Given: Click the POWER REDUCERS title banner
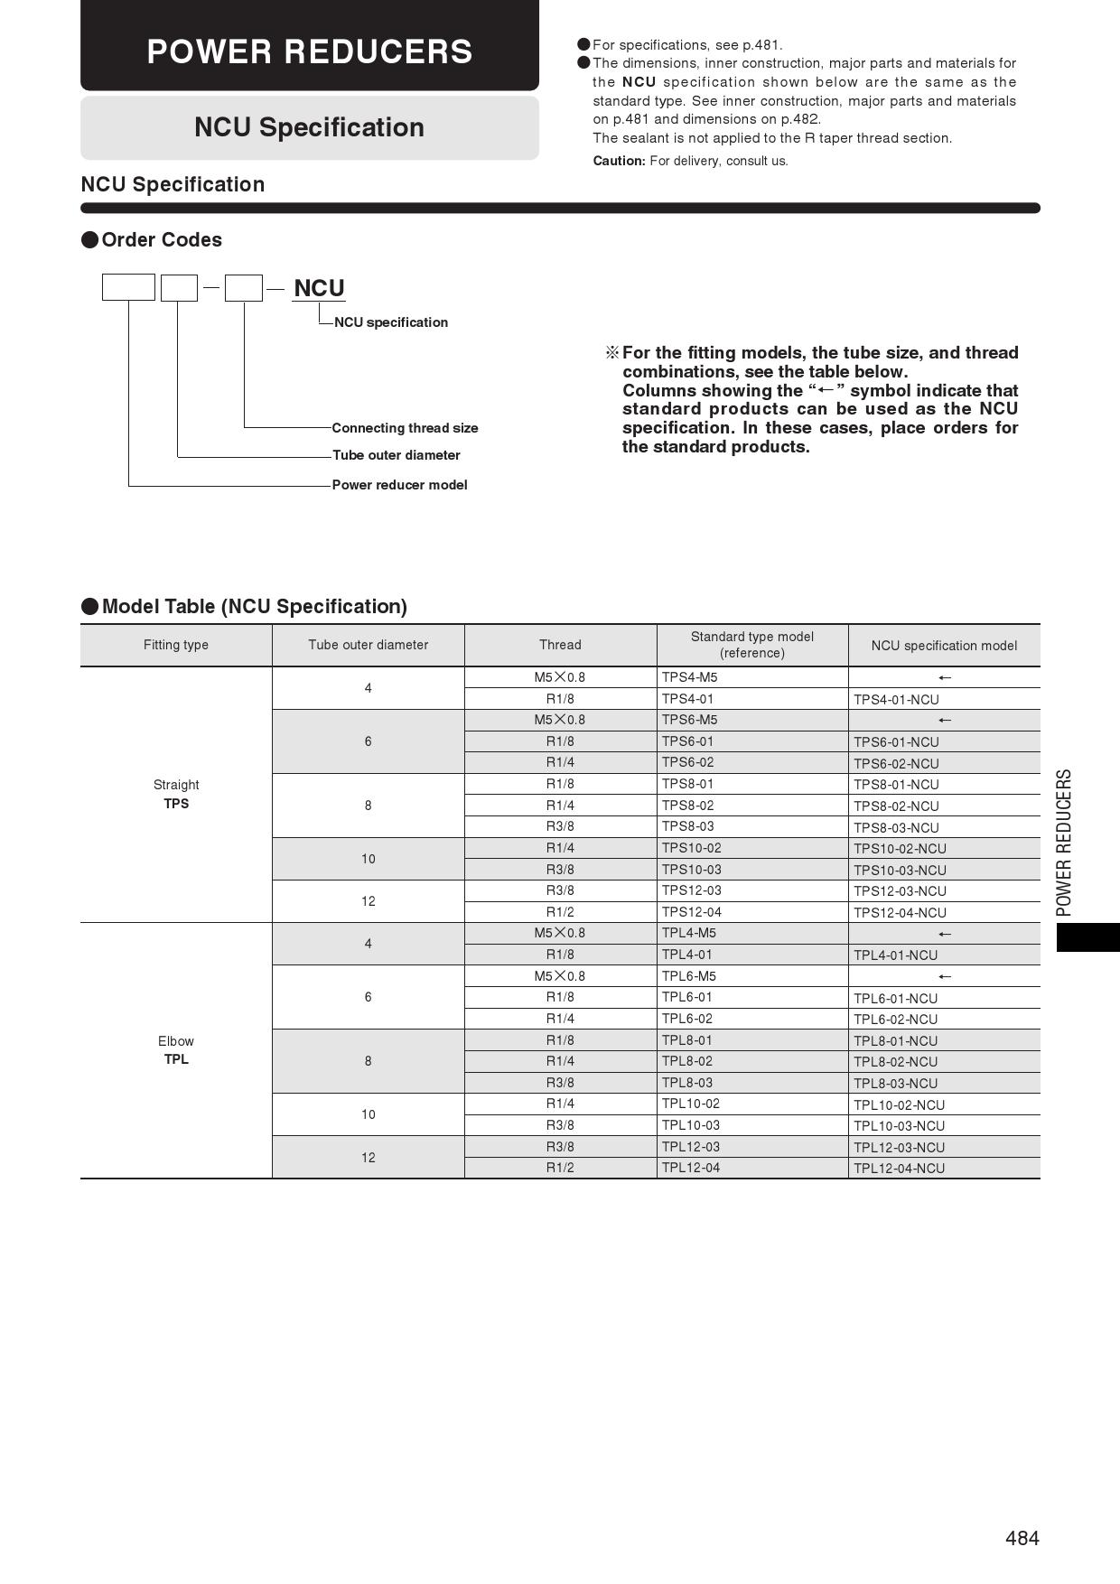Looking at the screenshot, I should tap(310, 51).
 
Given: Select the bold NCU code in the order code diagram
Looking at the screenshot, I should tap(319, 288).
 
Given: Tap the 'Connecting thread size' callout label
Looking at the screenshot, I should tap(405, 428).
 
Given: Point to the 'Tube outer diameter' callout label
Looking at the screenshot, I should tap(396, 455).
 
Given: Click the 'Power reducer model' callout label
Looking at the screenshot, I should tap(399, 485).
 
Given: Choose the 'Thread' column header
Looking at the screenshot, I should tap(560, 645).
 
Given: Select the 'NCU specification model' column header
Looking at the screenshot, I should tap(944, 646).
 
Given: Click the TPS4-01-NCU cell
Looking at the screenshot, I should tap(896, 700).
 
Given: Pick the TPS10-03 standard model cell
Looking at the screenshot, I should tap(691, 870).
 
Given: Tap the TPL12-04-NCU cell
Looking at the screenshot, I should tap(899, 1169).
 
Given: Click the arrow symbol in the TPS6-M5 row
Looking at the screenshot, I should tap(945, 721).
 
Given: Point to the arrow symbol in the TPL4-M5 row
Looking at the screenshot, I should tap(945, 934).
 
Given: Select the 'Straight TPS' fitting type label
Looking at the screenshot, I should tap(176, 795).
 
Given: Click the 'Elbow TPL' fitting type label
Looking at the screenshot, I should tap(176, 1050).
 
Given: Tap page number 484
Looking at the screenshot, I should tap(1022, 1538).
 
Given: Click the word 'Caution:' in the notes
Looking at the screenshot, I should tap(619, 161).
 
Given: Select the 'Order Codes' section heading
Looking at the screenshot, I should tap(162, 240).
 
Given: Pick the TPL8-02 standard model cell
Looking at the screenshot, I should tap(687, 1061).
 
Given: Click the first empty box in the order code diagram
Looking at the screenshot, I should tap(128, 288).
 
